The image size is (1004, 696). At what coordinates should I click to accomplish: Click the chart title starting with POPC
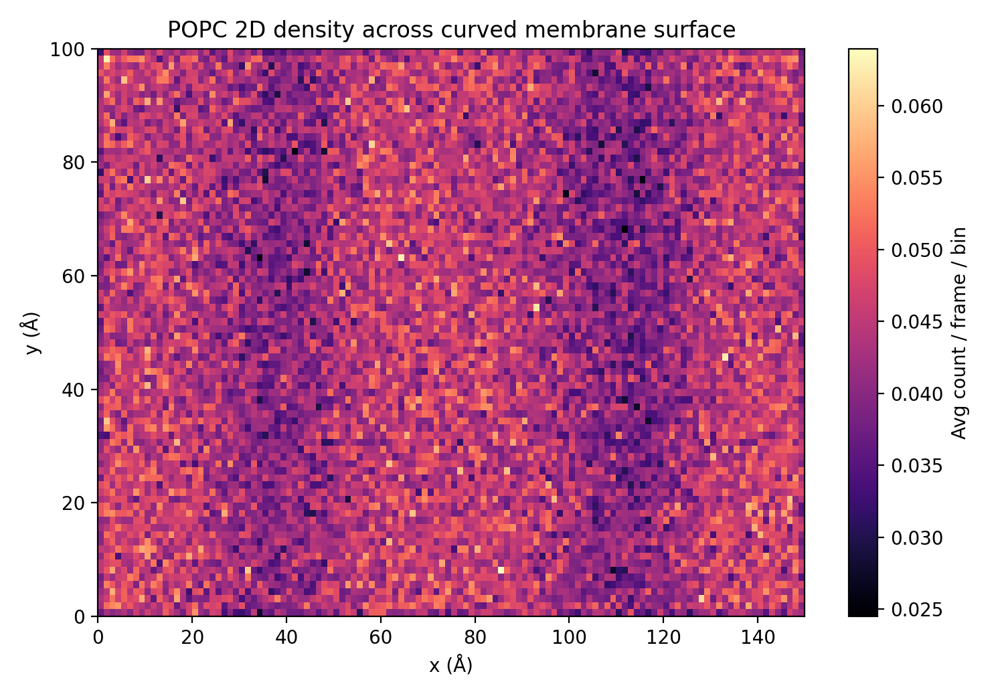451,30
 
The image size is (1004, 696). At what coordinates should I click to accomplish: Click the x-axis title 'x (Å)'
451,665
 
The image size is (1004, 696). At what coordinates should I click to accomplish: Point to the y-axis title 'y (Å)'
31,333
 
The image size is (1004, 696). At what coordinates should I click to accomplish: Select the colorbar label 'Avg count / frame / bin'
959,333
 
